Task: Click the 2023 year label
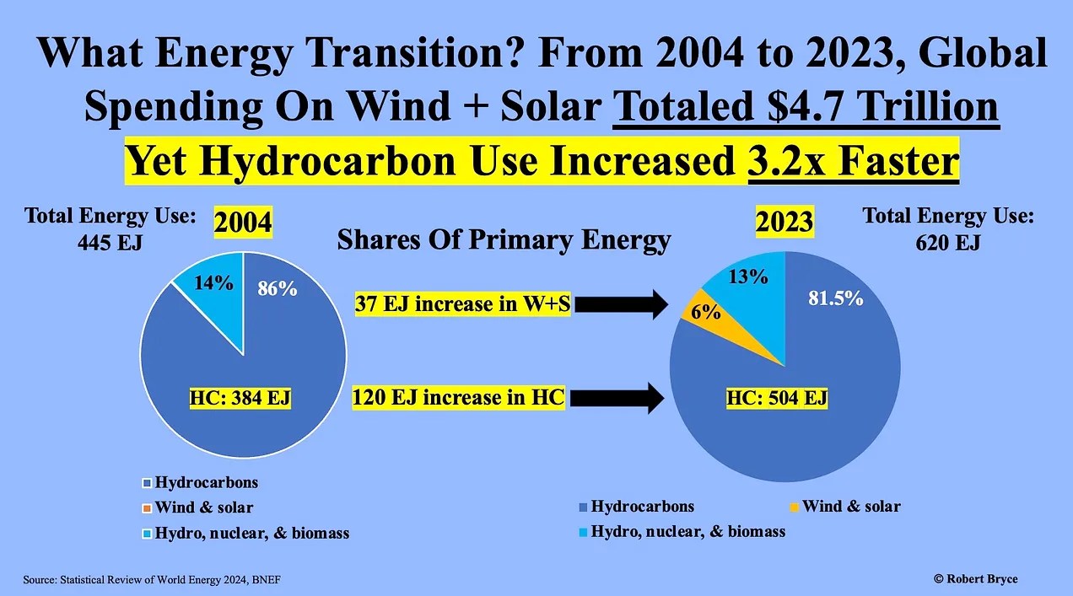(x=785, y=222)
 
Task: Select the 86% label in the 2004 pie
(x=278, y=289)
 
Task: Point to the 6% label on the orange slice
(x=705, y=312)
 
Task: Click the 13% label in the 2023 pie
(x=748, y=275)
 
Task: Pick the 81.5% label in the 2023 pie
(x=836, y=298)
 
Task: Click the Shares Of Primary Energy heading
(x=504, y=241)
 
